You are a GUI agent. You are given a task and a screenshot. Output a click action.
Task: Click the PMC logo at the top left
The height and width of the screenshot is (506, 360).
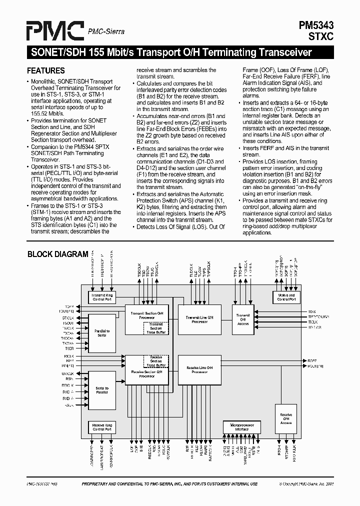[x=55, y=32]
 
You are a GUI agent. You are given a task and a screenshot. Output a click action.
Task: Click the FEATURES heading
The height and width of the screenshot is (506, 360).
[x=46, y=70]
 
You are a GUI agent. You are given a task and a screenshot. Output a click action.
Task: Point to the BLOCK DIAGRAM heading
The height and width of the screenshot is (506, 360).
[x=57, y=254]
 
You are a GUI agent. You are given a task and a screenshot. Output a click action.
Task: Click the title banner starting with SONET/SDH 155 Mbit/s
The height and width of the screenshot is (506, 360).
[x=170, y=52]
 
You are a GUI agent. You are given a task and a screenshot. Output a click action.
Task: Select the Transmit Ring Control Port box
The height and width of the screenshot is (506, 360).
[x=102, y=297]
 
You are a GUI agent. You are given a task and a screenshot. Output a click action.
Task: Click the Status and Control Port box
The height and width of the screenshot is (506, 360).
[x=286, y=297]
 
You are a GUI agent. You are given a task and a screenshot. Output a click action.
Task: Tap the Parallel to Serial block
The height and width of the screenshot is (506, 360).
[x=102, y=333]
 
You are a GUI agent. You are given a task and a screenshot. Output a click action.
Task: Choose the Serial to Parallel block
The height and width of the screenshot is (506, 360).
[x=102, y=390]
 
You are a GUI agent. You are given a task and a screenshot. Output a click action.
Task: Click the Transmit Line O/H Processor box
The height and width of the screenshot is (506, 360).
[x=199, y=319]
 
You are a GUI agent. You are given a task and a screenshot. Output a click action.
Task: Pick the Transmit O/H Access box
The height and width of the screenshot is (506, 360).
[x=243, y=320]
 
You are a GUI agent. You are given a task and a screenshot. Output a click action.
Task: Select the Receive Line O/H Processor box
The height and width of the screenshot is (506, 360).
[x=199, y=370]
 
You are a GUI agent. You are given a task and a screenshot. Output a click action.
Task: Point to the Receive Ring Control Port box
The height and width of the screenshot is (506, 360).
[x=102, y=427]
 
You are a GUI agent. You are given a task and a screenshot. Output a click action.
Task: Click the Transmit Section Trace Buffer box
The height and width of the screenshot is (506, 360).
[x=155, y=328]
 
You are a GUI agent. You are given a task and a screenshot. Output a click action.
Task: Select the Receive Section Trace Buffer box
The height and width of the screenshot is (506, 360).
[x=155, y=361]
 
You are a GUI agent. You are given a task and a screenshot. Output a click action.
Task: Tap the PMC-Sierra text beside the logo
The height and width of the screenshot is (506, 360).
[x=106, y=32]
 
